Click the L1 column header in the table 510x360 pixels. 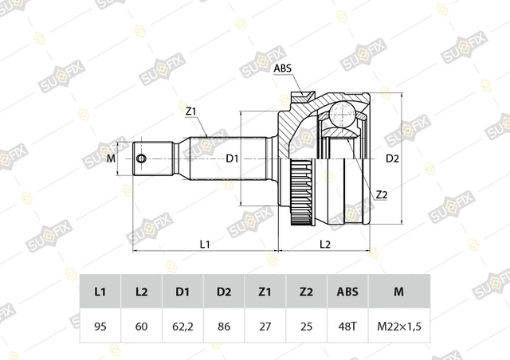tap(100, 292)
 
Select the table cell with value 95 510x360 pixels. tap(100, 326)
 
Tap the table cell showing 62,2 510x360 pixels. tap(182, 326)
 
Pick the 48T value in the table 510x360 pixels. tap(347, 326)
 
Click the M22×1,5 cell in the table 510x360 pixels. tap(399, 326)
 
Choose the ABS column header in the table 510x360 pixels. tap(347, 292)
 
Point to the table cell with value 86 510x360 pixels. tap(224, 326)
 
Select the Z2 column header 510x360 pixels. tap(306, 292)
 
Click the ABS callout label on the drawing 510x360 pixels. tap(282, 68)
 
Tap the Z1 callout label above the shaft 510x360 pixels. tap(190, 112)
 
